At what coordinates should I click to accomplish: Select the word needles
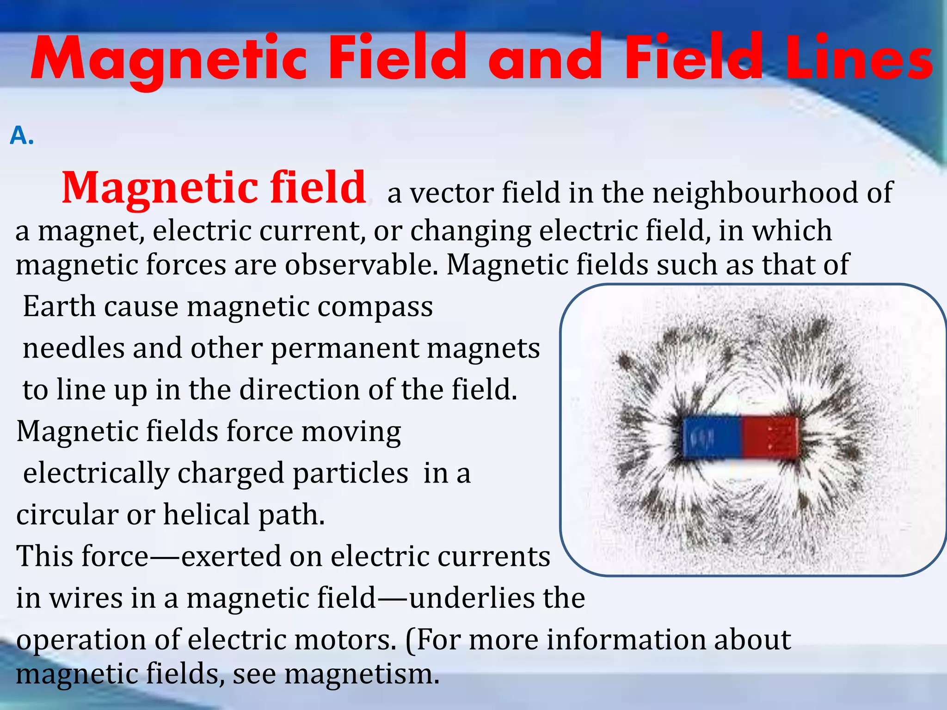(74, 348)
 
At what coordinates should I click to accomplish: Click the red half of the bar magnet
(769, 437)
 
